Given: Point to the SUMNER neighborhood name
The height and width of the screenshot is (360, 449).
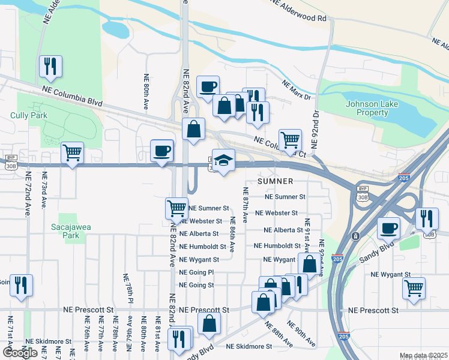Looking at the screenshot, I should (276, 181).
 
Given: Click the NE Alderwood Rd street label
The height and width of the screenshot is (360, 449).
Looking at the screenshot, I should (299, 11).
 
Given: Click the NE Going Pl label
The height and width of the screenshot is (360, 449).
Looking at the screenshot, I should (196, 272).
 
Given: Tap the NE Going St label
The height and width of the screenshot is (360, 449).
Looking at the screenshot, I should (196, 285).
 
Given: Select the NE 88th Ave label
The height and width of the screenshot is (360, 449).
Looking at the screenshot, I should (279, 334).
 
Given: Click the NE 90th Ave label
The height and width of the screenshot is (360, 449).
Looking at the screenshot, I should (301, 334).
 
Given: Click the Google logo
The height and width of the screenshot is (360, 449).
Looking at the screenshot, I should (20, 353).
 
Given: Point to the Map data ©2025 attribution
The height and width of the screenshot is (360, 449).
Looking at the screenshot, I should (423, 356).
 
